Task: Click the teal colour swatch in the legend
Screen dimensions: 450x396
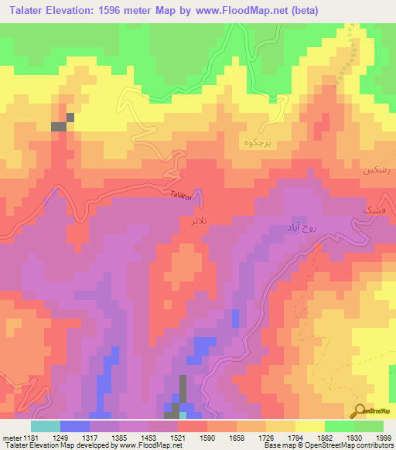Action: (46, 426)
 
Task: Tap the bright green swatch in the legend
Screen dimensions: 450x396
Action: (340, 426)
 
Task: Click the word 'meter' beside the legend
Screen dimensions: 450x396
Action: (10, 437)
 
